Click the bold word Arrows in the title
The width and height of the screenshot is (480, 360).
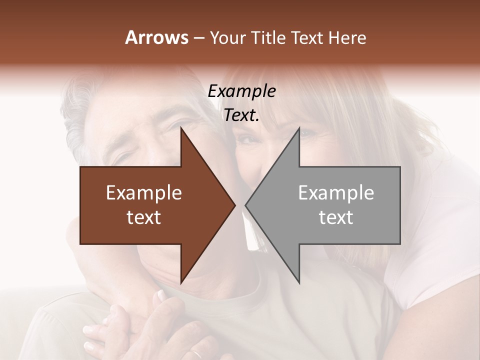click(156, 37)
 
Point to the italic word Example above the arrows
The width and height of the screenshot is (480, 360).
click(241, 91)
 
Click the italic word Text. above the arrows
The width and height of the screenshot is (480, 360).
click(241, 115)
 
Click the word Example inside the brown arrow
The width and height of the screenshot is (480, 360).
click(143, 193)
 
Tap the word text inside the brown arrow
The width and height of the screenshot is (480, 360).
click(143, 217)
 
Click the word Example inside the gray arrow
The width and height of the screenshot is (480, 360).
click(336, 193)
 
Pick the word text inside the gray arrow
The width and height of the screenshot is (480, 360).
click(336, 217)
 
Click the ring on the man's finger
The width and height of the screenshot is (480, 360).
click(197, 354)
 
